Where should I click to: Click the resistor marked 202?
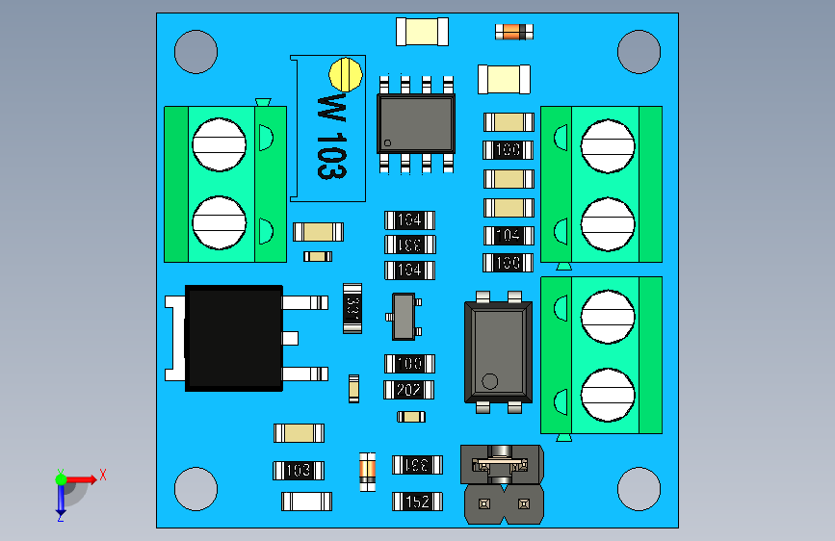[x=409, y=390]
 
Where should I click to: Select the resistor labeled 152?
[x=417, y=502]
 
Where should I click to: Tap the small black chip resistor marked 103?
[x=299, y=471]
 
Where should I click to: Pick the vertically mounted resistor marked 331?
[x=352, y=308]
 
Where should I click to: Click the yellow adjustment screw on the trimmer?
[x=345, y=72]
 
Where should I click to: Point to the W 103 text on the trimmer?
[x=330, y=135]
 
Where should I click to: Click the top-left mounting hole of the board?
[x=196, y=51]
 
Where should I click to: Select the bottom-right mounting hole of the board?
[x=639, y=488]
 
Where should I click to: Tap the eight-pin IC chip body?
[x=415, y=122]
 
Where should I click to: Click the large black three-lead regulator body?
[x=233, y=337]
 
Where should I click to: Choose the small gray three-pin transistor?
[x=403, y=317]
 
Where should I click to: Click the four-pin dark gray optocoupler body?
[x=498, y=351]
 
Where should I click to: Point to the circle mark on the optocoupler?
[x=490, y=379]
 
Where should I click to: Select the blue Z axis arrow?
[x=60, y=501]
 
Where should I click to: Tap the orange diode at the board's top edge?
[x=513, y=32]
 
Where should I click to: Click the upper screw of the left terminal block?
[x=219, y=144]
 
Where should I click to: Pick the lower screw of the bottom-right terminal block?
[x=607, y=395]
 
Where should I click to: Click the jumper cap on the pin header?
[x=501, y=464]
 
